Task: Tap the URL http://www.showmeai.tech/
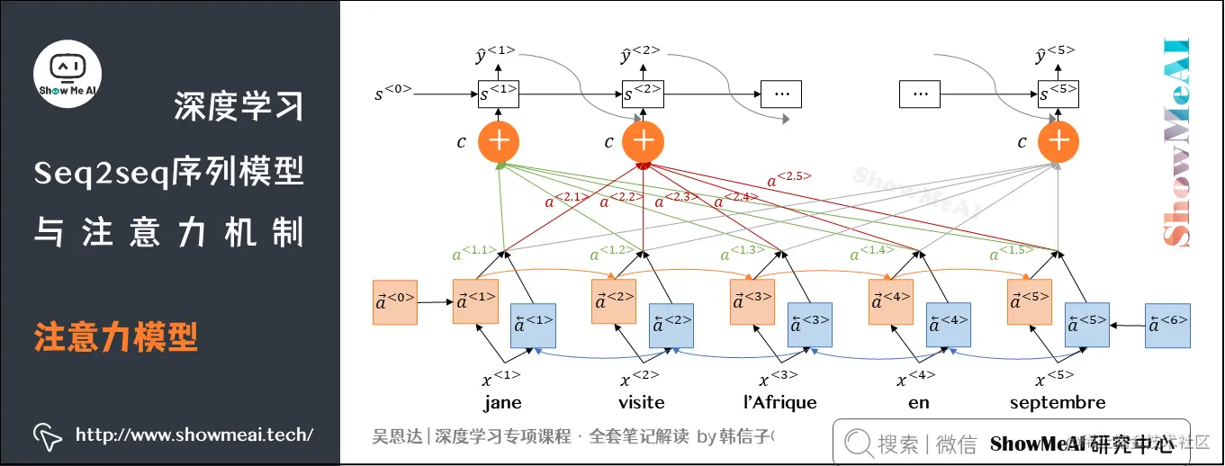pos(194,435)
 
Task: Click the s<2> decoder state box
pos(643,93)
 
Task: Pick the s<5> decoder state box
pos(1058,93)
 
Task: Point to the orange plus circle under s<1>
pos(498,141)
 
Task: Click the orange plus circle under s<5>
pos(1058,141)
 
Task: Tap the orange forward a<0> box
pos(395,302)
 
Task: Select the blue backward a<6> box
pos(1167,326)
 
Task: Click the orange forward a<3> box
pos(752,302)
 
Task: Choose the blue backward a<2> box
pos(671,326)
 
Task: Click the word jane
pos(501,402)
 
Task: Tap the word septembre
pos(1058,402)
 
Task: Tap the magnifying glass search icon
pos(858,443)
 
